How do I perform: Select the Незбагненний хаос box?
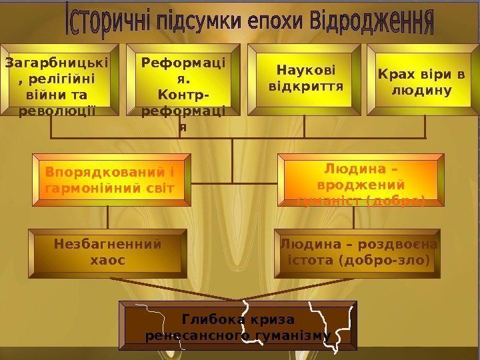click(107, 252)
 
